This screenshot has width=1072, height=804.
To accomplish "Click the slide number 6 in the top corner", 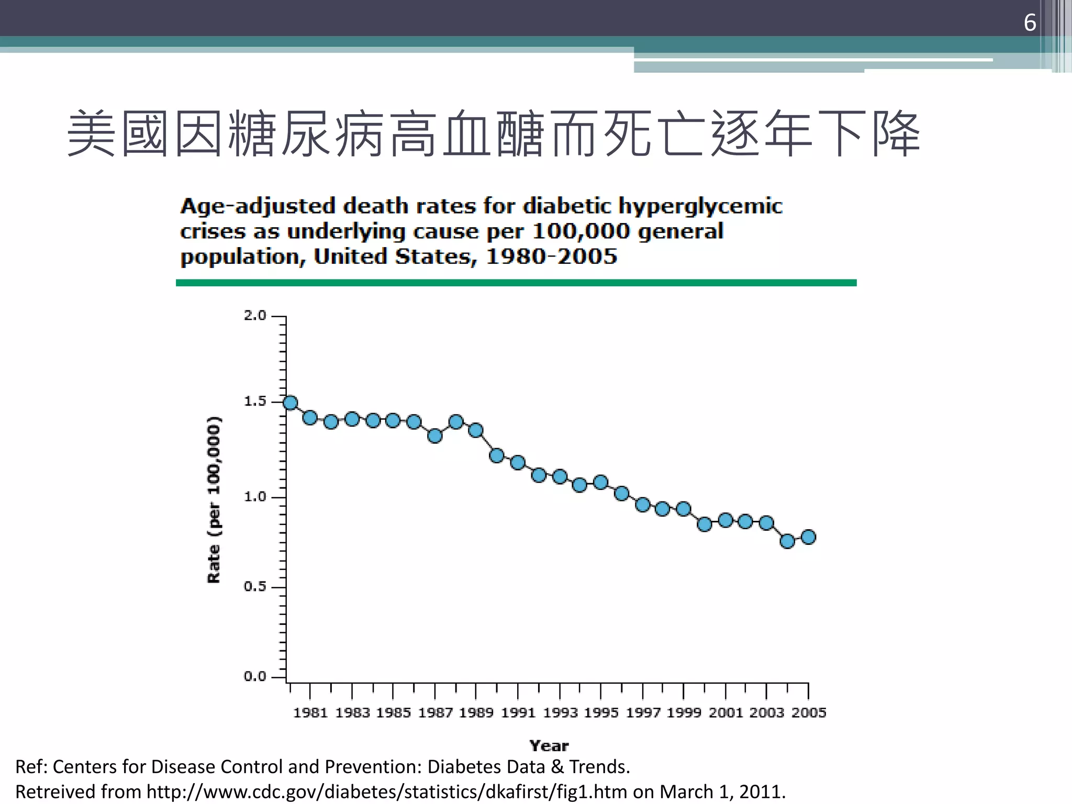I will click(1030, 23).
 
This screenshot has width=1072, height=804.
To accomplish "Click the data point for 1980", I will click(291, 403).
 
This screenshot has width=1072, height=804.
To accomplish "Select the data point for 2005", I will click(808, 537).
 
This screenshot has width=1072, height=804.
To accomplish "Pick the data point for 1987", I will click(435, 435).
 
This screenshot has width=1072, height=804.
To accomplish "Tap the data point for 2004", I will click(787, 541).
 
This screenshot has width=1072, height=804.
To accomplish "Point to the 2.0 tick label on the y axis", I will click(255, 316).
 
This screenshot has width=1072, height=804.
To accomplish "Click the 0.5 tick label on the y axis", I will click(255, 587).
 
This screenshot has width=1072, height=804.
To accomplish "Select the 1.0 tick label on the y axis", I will click(255, 497).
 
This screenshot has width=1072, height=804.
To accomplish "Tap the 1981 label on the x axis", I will click(310, 713).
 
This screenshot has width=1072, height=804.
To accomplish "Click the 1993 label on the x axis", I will click(560, 713).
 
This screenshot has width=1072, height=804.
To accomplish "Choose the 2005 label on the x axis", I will click(808, 713).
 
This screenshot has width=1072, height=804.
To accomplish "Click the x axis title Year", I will click(549, 746).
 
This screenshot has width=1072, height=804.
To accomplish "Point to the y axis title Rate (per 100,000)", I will click(214, 500).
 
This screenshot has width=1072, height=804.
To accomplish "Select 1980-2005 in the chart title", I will click(552, 257).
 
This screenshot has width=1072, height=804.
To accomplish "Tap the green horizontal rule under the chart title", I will click(516, 283).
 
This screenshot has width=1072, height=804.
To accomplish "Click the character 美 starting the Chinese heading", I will click(92, 133).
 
